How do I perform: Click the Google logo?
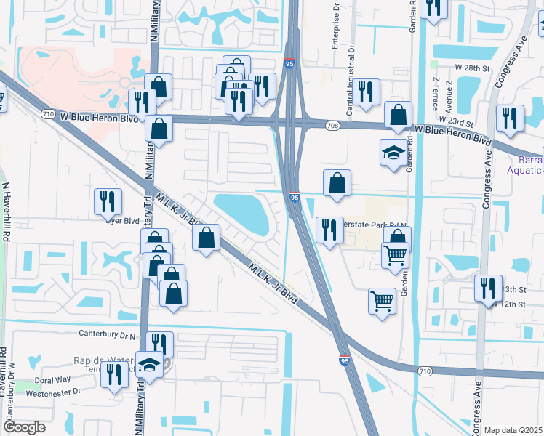(x=24, y=427)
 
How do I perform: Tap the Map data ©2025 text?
(x=513, y=430)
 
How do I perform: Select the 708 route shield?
(x=332, y=126)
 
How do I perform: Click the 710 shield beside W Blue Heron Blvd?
(x=48, y=115)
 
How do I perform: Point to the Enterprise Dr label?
(x=337, y=29)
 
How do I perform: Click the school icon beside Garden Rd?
(x=393, y=153)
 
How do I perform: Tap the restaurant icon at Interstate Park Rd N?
(x=329, y=230)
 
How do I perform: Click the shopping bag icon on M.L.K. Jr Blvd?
(x=207, y=237)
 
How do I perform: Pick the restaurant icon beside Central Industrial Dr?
(x=367, y=92)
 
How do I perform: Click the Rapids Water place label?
(x=104, y=360)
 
